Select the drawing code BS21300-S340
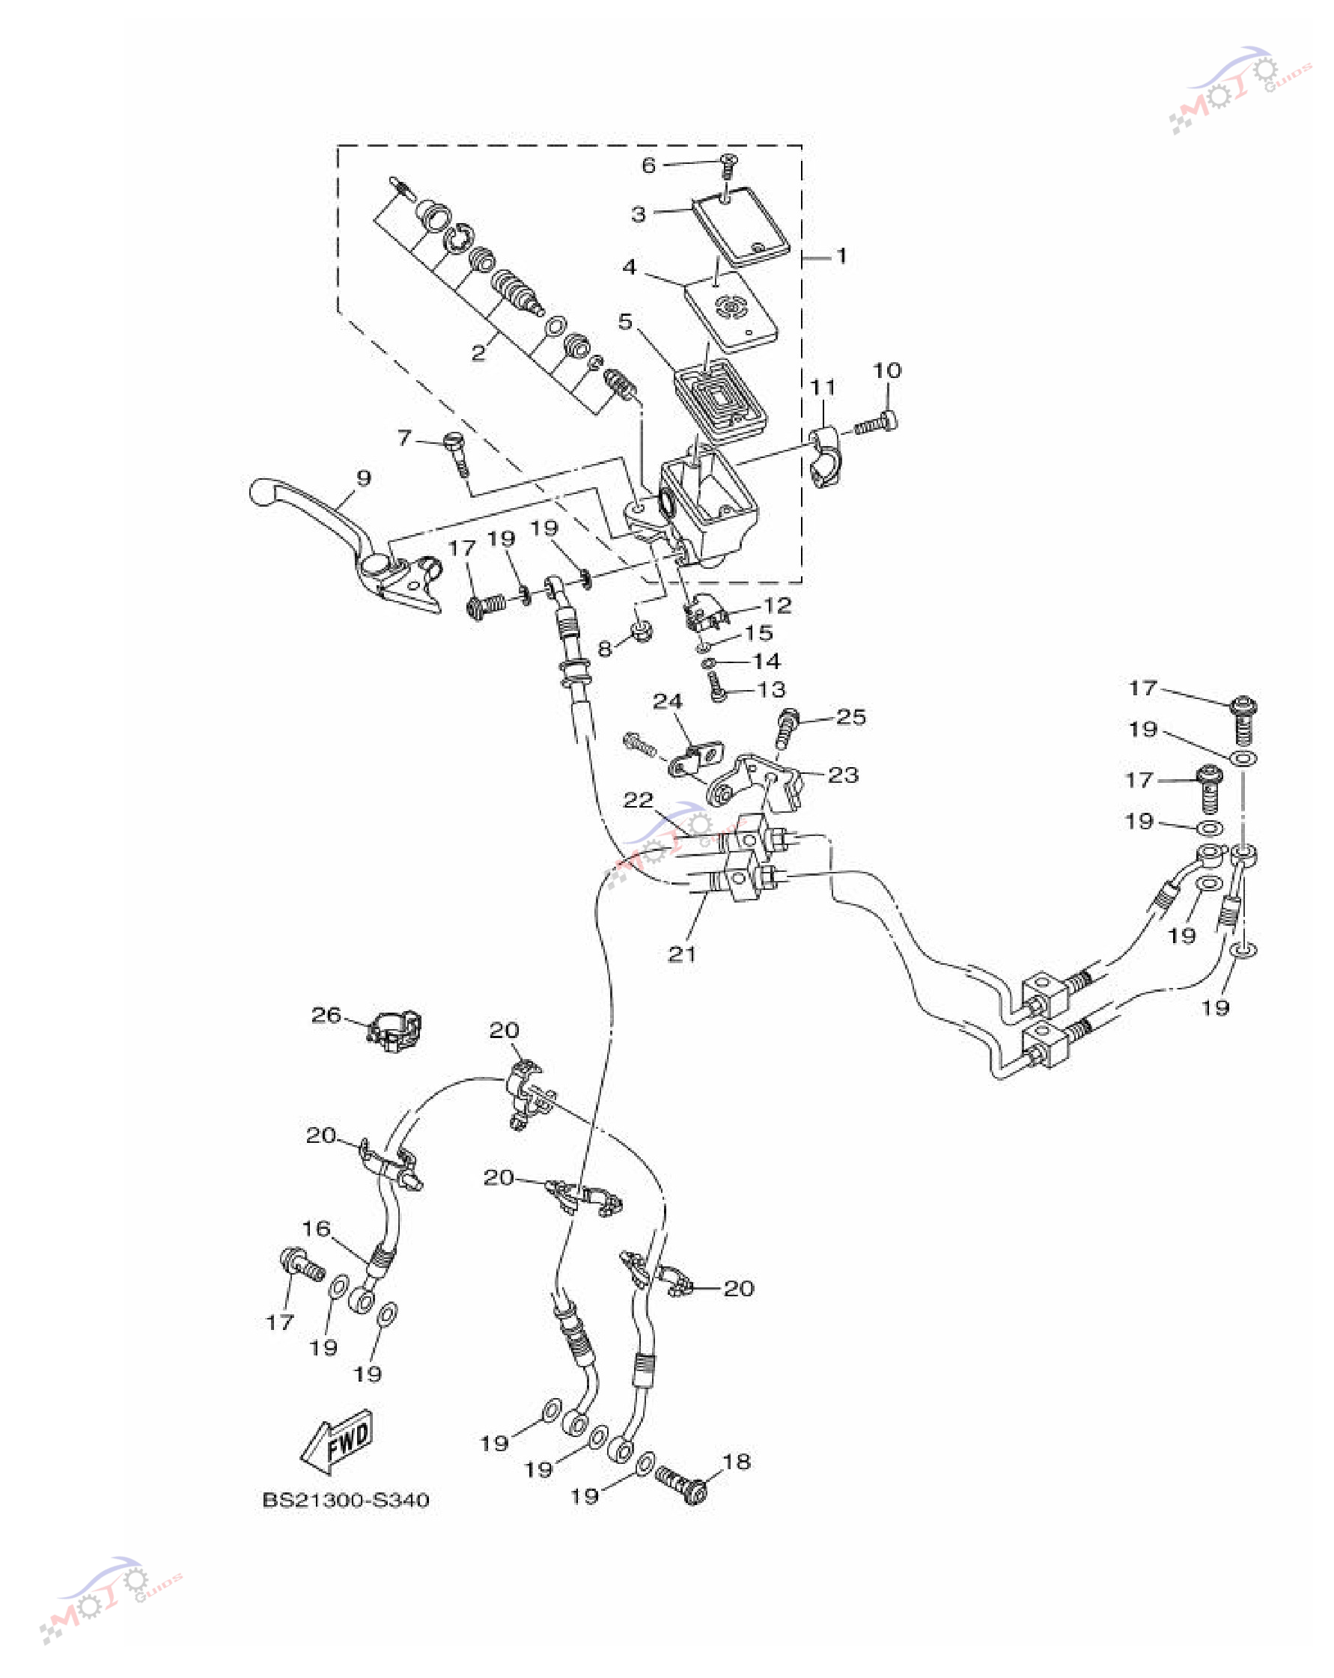tap(346, 1500)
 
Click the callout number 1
tap(841, 255)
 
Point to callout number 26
tap(326, 1014)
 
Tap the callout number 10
tap(887, 370)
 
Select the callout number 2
tap(478, 353)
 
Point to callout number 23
tap(843, 775)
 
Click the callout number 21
tap(683, 954)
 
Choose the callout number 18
tap(737, 1462)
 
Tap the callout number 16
tap(316, 1228)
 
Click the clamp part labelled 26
tap(395, 1032)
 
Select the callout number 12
tap(778, 605)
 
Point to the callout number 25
tap(850, 716)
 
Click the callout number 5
tap(626, 321)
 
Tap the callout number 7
tap(405, 438)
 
